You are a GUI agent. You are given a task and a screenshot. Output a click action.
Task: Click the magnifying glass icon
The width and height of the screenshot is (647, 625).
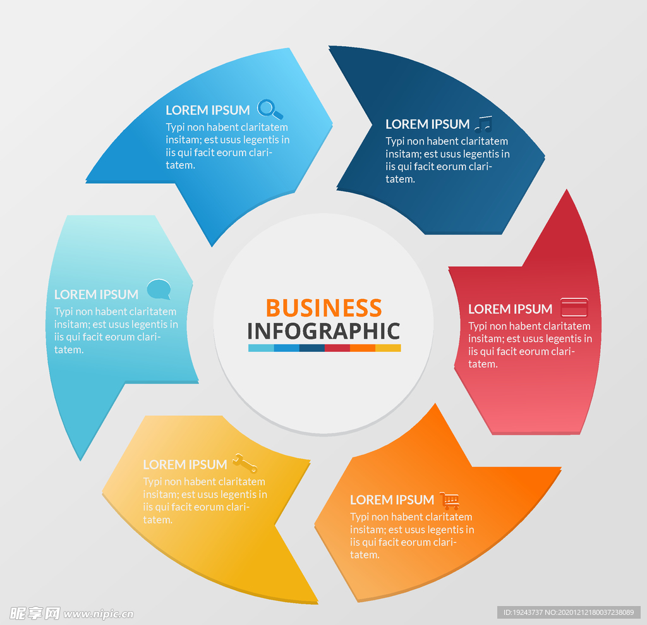(x=270, y=109)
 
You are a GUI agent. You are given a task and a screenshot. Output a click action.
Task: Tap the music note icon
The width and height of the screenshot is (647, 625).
(x=483, y=123)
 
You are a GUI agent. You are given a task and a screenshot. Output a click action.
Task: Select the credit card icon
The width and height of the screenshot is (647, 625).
(x=574, y=307)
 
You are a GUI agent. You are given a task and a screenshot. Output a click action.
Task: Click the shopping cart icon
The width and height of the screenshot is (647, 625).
(x=449, y=501)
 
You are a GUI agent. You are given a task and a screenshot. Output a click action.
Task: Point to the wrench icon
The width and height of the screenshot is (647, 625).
(x=245, y=463)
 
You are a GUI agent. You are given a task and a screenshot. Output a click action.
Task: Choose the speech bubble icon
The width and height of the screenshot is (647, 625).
(x=159, y=289)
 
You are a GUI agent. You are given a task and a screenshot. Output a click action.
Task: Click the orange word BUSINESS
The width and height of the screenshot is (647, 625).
(x=324, y=308)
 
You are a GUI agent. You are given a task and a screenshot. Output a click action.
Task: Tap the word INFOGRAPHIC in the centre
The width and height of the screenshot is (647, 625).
(x=324, y=331)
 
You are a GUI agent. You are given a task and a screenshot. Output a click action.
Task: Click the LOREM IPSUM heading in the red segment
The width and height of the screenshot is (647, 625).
(x=510, y=309)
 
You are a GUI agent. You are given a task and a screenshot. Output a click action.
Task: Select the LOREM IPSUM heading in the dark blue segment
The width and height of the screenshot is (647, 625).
(x=428, y=124)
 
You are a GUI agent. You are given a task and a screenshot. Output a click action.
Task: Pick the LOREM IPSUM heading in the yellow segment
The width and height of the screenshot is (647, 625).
(x=185, y=465)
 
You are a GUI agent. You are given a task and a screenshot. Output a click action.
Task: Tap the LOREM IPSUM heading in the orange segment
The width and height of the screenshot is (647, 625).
(x=392, y=500)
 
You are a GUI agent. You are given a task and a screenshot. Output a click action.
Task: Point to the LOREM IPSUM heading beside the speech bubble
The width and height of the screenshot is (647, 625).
(x=96, y=294)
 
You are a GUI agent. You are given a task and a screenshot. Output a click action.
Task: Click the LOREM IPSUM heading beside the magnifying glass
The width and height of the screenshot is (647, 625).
(x=207, y=110)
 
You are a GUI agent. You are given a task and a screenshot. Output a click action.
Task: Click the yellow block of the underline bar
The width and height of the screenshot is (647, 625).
(x=388, y=348)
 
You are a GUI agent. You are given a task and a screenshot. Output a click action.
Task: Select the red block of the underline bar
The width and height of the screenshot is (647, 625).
(x=337, y=348)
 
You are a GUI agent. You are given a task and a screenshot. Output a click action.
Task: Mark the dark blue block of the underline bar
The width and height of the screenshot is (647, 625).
(x=312, y=348)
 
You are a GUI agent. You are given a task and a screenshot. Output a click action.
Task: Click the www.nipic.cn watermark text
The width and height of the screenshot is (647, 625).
(x=98, y=614)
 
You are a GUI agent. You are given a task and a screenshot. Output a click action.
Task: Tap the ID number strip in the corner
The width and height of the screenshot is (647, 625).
(x=569, y=612)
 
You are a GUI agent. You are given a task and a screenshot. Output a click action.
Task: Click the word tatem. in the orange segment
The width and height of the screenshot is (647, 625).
(x=365, y=555)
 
